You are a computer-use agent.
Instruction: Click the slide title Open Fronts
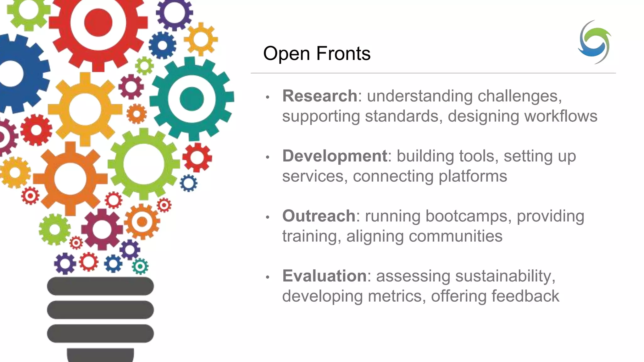tap(317, 53)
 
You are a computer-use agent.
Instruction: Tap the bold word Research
tap(319, 96)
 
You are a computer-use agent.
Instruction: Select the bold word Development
tap(335, 156)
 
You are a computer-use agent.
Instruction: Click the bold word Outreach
tap(319, 216)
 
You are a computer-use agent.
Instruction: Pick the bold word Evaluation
tap(324, 276)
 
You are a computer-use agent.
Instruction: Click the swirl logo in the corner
tap(594, 42)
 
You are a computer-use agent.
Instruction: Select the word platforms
tap(473, 176)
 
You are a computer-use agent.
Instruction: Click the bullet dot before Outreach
tap(268, 217)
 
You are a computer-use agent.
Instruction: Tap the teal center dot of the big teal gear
tap(192, 99)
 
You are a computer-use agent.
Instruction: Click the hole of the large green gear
tap(144, 164)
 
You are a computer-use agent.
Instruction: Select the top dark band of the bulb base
tap(100, 286)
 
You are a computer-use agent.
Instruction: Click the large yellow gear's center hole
tap(85, 109)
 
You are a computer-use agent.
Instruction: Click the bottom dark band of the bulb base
tap(100, 334)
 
